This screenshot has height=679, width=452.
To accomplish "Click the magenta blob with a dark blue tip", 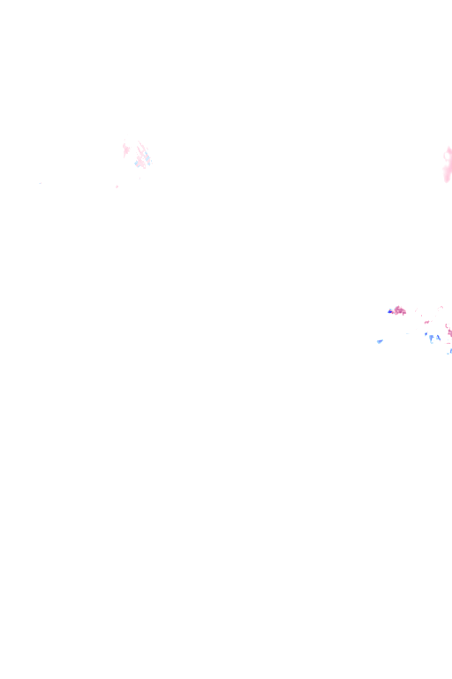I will pyautogui.click(x=400, y=310).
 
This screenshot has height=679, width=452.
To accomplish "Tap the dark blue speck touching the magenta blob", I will pyautogui.click(x=390, y=311).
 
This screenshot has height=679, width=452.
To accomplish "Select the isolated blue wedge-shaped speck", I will pyautogui.click(x=380, y=341).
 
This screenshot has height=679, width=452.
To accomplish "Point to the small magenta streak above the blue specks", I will pyautogui.click(x=426, y=322).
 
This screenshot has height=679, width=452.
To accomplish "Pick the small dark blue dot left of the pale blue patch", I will pyautogui.click(x=426, y=333).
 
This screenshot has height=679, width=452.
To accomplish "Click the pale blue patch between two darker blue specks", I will pyautogui.click(x=432, y=338).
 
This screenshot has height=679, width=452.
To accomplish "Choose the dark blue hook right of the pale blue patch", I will pyautogui.click(x=438, y=337).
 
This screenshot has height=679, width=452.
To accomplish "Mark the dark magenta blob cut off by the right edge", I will pyautogui.click(x=448, y=332).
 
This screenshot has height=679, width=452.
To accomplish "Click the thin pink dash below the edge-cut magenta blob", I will pyautogui.click(x=448, y=343).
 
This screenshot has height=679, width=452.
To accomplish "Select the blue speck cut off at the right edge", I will pyautogui.click(x=450, y=351).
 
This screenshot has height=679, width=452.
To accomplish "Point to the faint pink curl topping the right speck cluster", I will pyautogui.click(x=441, y=307).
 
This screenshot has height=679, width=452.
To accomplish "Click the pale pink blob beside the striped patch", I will pyautogui.click(x=126, y=149).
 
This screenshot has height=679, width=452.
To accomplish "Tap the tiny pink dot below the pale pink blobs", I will pyautogui.click(x=117, y=187).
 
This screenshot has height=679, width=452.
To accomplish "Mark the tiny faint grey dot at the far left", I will pyautogui.click(x=40, y=183).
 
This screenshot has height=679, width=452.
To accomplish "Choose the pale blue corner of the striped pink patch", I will pyautogui.click(x=137, y=164).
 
